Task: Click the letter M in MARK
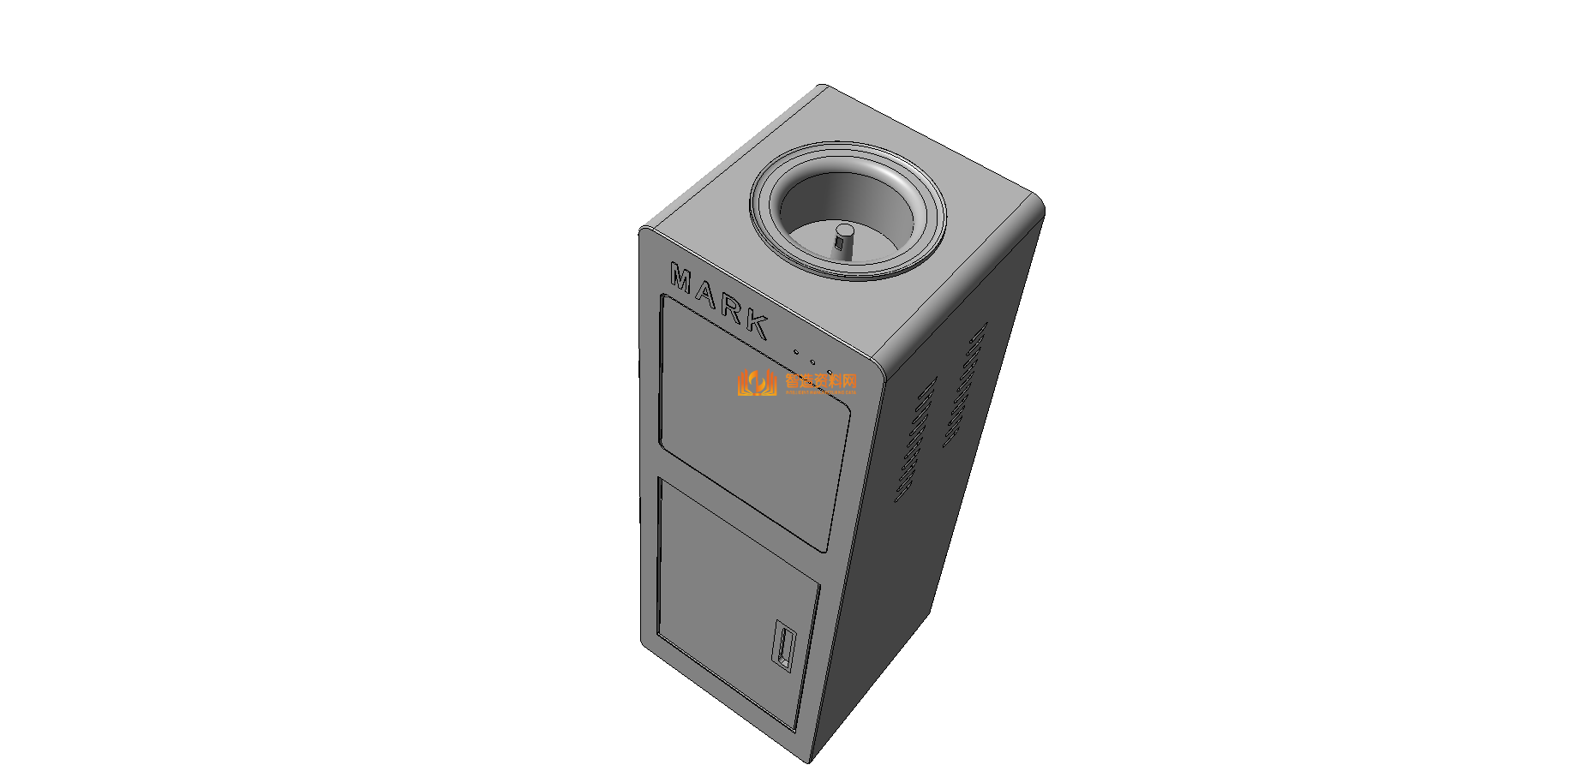[x=682, y=278]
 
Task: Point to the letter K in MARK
[x=757, y=323]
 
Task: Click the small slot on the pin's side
[x=840, y=247]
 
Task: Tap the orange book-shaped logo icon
[x=757, y=383]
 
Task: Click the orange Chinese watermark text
[x=821, y=380]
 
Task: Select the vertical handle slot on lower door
[x=784, y=648]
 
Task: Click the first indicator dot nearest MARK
[x=796, y=351]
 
